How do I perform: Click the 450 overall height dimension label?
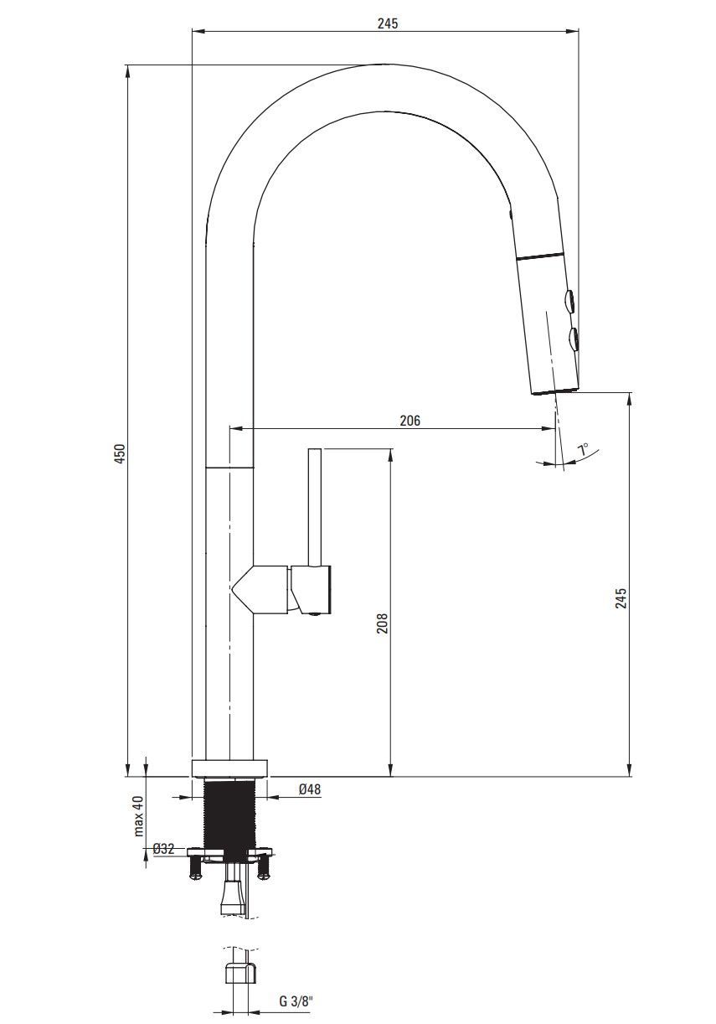click(120, 453)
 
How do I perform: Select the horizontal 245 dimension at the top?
click(388, 23)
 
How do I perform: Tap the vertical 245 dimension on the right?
click(621, 597)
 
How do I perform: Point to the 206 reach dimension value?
click(410, 421)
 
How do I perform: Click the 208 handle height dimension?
click(382, 623)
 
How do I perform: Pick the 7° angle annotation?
click(583, 449)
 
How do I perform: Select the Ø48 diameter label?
click(310, 789)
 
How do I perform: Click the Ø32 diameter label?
click(163, 849)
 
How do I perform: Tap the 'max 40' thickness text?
click(139, 816)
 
